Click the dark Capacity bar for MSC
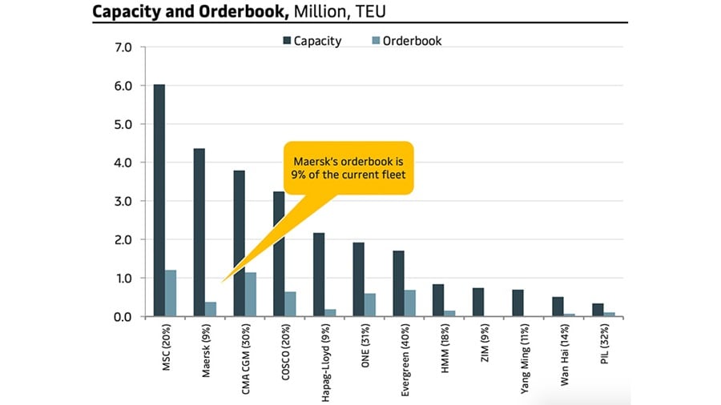coord(159,200)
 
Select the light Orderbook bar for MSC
coord(171,294)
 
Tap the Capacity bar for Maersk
coord(199,232)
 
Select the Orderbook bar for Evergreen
coord(409,303)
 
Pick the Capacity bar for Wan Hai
coord(558,307)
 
